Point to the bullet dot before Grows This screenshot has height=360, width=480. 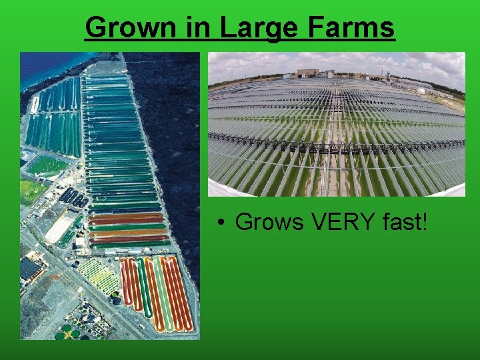point(219,221)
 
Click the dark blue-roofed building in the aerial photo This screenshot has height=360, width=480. point(29,268)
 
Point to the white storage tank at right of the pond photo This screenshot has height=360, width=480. point(421,90)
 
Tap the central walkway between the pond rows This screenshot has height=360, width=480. point(333,167)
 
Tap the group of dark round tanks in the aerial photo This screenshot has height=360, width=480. point(73,197)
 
